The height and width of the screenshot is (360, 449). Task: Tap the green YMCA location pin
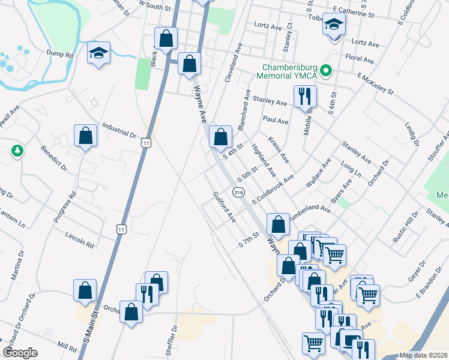click(x=326, y=71)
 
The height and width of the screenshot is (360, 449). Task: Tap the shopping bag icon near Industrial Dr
click(x=85, y=135)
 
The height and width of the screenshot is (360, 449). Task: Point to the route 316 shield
click(x=239, y=192)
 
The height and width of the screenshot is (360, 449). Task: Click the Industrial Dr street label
click(x=119, y=130)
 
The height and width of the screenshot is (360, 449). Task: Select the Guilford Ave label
click(x=223, y=207)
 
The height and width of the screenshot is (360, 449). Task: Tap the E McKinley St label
click(x=375, y=85)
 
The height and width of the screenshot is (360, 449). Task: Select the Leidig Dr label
click(x=411, y=133)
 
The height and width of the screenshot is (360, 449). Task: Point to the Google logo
click(x=20, y=353)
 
